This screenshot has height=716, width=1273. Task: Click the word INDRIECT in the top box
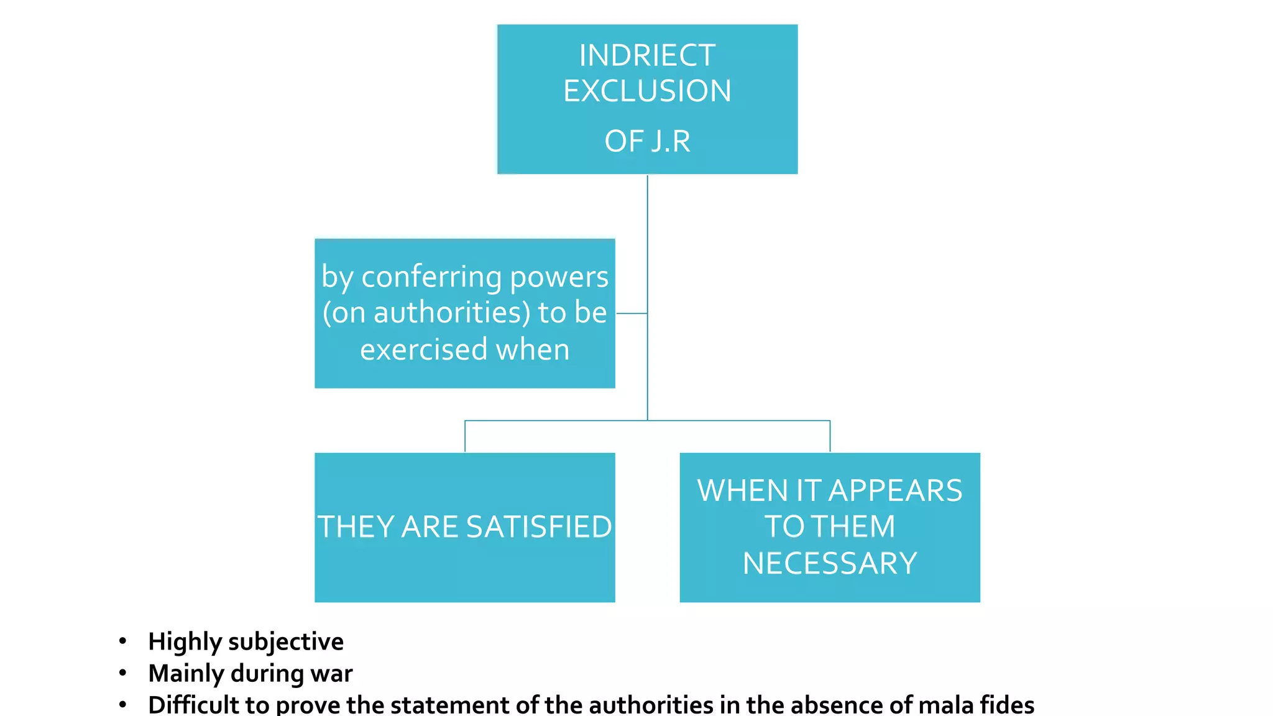(647, 55)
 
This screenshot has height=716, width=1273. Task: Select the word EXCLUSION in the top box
(647, 91)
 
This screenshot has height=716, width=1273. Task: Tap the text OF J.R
(647, 141)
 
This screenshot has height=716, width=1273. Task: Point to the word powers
(559, 277)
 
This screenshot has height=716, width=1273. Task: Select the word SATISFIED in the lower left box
(539, 526)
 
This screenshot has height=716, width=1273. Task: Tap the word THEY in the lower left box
(356, 526)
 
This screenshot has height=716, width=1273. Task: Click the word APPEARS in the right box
(896, 490)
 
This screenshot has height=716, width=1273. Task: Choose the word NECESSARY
(830, 563)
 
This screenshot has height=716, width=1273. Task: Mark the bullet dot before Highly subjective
(123, 641)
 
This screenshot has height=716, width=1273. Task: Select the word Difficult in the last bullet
(193, 704)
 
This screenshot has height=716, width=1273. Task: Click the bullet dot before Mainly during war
(123, 672)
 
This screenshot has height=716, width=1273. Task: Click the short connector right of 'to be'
(632, 313)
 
